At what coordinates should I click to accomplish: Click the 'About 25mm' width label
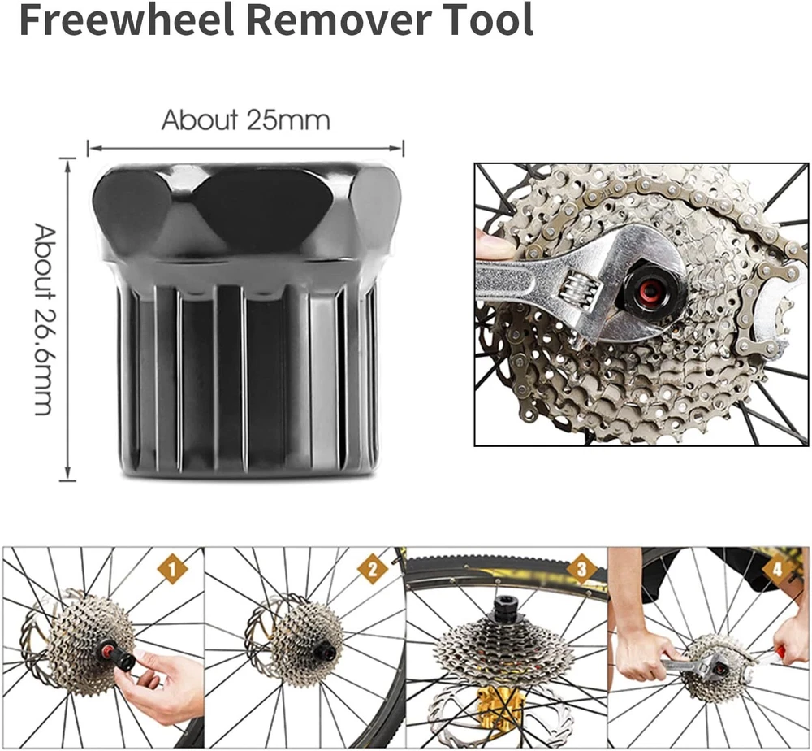pyautogui.click(x=246, y=119)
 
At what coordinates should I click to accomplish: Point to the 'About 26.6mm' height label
pyautogui.click(x=44, y=319)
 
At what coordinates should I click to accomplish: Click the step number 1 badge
pyautogui.click(x=173, y=569)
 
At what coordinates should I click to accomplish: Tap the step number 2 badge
pyautogui.click(x=373, y=569)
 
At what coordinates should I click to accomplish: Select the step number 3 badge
pyautogui.click(x=581, y=569)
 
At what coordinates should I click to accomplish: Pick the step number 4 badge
pyautogui.click(x=777, y=569)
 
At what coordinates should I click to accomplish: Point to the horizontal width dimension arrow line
pyautogui.click(x=245, y=149)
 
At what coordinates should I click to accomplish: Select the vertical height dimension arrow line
pyautogui.click(x=67, y=319)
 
